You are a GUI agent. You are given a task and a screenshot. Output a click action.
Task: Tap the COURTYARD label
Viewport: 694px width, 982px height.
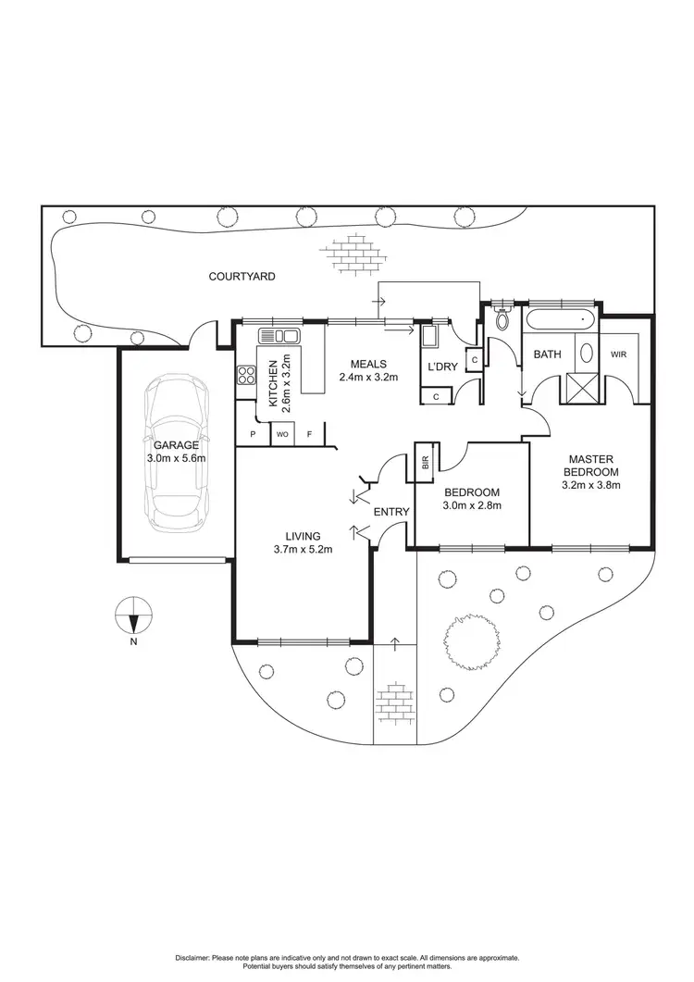point(242,277)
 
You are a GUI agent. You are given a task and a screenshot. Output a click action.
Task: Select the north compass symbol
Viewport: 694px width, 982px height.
point(133,615)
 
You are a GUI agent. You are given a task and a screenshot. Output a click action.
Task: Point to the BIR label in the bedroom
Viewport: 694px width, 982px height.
point(425,463)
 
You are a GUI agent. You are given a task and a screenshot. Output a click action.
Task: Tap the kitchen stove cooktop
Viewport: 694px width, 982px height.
point(247,375)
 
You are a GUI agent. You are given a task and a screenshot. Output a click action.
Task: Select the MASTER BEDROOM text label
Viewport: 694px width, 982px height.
point(593,465)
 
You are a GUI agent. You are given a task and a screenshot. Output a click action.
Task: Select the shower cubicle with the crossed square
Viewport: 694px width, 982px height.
point(581,386)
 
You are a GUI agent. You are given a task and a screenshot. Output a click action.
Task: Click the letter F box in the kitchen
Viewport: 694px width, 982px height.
point(310,434)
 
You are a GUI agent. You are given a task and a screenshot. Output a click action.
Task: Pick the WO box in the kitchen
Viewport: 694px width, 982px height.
point(281,434)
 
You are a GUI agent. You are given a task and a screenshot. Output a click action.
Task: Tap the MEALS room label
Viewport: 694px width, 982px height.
point(368,364)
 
